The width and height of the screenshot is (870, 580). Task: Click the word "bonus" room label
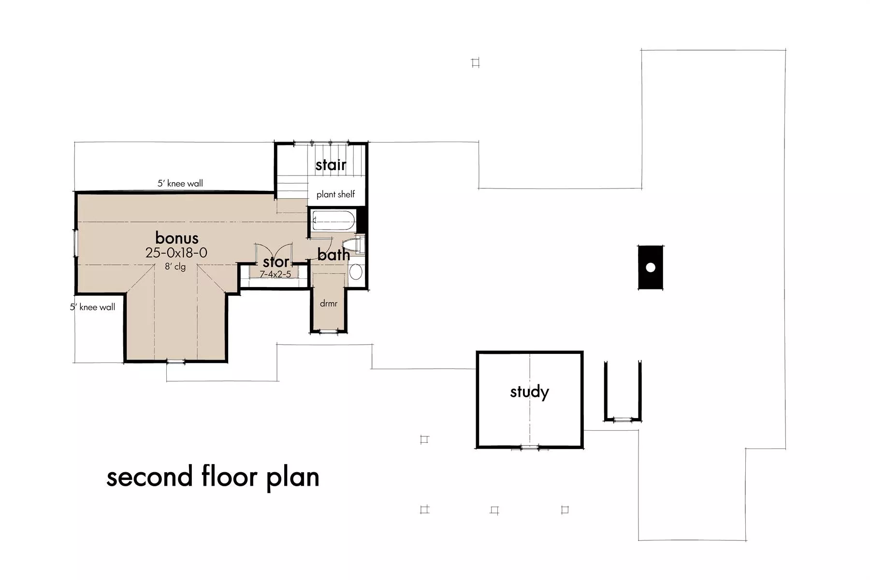tap(177, 238)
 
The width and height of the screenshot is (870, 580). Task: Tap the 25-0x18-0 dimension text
tap(176, 253)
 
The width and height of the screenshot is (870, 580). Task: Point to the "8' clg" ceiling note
tap(175, 266)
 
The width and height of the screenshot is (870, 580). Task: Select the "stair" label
tap(331, 165)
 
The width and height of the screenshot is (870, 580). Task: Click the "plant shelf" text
tap(336, 194)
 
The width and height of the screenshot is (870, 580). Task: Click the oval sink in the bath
tap(356, 272)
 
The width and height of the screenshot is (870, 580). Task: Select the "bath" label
tap(333, 255)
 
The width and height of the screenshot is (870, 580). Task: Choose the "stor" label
tap(276, 262)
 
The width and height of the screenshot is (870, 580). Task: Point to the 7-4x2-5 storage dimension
tap(275, 275)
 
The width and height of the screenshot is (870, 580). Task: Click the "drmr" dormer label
tap(329, 304)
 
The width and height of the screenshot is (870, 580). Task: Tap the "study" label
tap(530, 392)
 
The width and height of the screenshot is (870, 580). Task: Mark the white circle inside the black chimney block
tap(651, 267)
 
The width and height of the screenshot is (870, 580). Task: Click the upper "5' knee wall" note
tap(180, 183)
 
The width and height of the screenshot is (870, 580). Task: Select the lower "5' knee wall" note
tap(93, 307)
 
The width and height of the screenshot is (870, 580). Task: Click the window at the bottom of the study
tap(530, 448)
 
